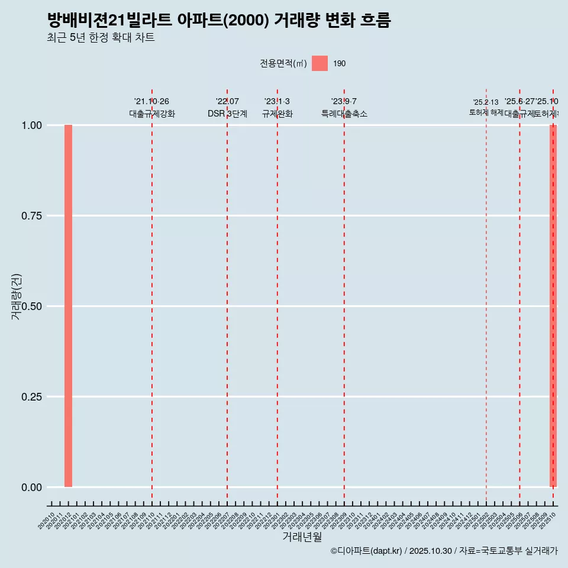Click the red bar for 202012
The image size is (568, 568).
point(68,306)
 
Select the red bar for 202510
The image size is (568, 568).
point(553,306)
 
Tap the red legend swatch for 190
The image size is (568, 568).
point(319,63)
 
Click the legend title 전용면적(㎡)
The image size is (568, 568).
point(283,63)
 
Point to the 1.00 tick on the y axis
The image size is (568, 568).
point(31,125)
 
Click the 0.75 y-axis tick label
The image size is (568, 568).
point(31,216)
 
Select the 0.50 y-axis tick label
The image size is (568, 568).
point(31,306)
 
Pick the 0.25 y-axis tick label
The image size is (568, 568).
point(31,397)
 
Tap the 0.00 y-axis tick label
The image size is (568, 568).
point(31,488)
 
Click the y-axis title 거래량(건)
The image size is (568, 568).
point(16,296)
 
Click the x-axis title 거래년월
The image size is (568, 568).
point(302,537)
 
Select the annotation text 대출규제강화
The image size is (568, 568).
point(152,114)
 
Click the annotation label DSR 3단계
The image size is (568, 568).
point(227,114)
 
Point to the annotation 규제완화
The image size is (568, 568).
point(277,114)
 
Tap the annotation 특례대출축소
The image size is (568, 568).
point(344,114)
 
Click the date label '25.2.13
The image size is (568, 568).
point(486,102)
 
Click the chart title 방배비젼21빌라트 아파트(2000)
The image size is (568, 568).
point(219,21)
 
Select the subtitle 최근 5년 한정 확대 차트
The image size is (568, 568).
point(101,38)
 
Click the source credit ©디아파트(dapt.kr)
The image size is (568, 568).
point(366,551)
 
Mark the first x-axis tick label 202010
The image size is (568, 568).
point(47,521)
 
